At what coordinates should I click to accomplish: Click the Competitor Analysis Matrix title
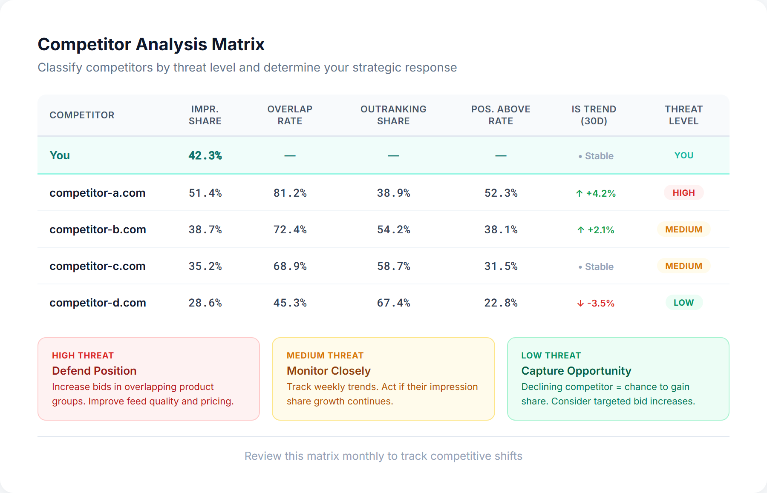[x=151, y=45]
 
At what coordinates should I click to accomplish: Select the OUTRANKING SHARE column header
[x=393, y=115]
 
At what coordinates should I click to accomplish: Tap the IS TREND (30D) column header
[x=594, y=115]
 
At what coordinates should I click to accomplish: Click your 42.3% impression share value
[x=205, y=156]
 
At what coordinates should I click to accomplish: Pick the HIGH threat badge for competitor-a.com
[x=683, y=193]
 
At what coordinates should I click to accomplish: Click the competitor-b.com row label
[x=98, y=229]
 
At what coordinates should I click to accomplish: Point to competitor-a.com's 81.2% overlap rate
[x=290, y=193]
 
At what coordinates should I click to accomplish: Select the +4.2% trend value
[x=596, y=193]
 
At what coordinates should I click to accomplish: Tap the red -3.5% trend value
[x=596, y=303]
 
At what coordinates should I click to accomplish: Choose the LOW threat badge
[x=683, y=303]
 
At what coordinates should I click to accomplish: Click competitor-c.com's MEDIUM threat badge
[x=683, y=266]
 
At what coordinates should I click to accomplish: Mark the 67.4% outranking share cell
[x=393, y=303]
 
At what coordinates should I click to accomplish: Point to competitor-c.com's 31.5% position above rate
[x=501, y=267]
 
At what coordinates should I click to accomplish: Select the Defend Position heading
[x=94, y=371]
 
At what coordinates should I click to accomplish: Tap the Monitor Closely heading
[x=329, y=371]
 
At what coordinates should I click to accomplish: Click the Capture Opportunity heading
[x=576, y=371]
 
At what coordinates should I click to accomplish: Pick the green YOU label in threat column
[x=683, y=155]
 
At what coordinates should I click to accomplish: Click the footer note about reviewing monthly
[x=383, y=456]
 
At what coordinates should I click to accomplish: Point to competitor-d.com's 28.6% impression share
[x=205, y=303]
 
